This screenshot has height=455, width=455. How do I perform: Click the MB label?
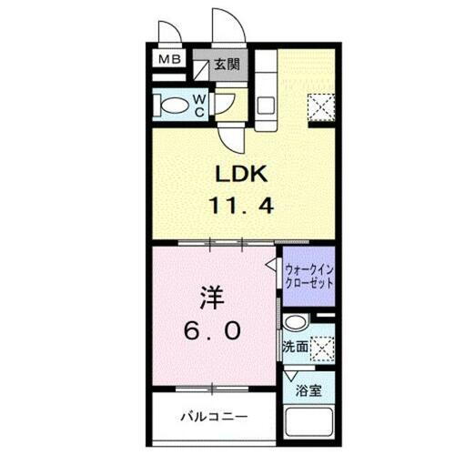[170, 60]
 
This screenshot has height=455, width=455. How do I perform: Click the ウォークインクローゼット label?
[308, 276]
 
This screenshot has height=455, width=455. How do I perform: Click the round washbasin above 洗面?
[295, 324]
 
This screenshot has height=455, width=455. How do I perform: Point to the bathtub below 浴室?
[308, 424]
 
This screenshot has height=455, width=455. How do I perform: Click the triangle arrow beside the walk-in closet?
[271, 265]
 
